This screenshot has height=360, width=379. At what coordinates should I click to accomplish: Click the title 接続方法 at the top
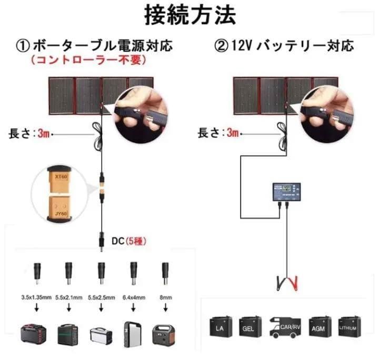tap(190, 16)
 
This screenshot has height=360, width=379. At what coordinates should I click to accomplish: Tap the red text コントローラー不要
tap(87, 60)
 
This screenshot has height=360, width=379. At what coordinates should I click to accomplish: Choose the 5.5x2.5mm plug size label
tap(101, 297)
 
